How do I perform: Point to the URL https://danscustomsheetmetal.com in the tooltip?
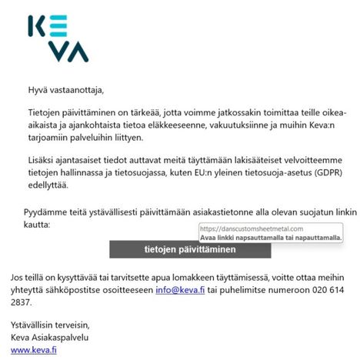tap(251, 228)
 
